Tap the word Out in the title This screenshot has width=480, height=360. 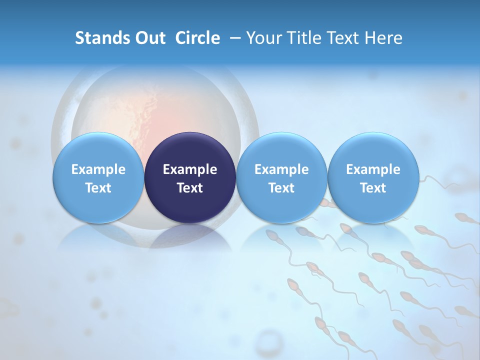point(148,38)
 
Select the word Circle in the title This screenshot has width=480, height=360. point(197,38)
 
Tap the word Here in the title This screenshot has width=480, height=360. point(383,38)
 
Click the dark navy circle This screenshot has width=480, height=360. point(190,178)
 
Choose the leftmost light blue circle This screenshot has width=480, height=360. point(98,178)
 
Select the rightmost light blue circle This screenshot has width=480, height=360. point(373,178)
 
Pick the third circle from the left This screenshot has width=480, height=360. point(281,178)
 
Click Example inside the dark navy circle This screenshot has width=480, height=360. point(190,169)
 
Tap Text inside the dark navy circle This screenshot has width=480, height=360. point(190,188)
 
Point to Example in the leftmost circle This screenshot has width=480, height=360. point(98,169)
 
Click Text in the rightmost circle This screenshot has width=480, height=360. point(373,188)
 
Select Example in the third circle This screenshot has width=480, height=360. point(281,169)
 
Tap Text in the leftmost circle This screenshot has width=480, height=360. point(98,188)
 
